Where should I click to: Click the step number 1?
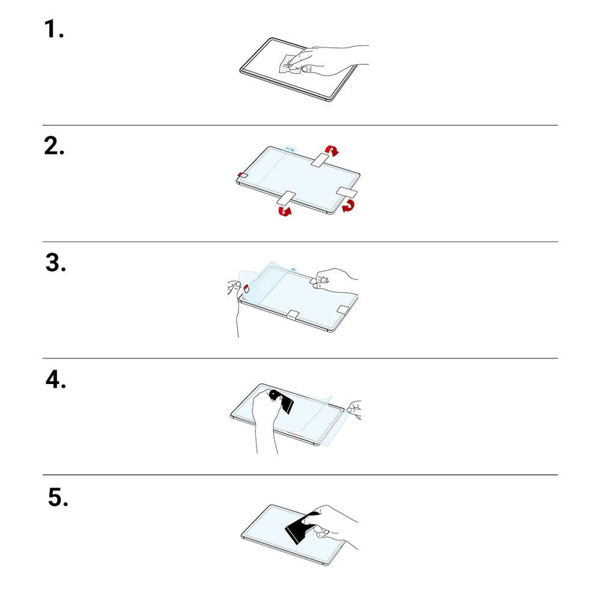click(x=53, y=29)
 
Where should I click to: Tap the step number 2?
click(x=54, y=146)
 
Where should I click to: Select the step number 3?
click(x=55, y=263)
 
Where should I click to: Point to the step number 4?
click(x=55, y=379)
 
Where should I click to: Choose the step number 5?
click(x=58, y=497)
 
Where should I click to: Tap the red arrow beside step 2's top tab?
click(x=332, y=150)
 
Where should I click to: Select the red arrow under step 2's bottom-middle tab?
click(x=285, y=210)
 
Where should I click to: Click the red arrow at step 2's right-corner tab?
click(x=349, y=206)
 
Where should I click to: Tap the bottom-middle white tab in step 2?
click(x=285, y=198)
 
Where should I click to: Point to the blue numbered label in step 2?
click(x=290, y=149)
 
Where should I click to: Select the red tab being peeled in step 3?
click(x=246, y=287)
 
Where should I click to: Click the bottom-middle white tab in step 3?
click(x=293, y=315)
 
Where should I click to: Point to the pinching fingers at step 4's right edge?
click(x=354, y=409)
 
